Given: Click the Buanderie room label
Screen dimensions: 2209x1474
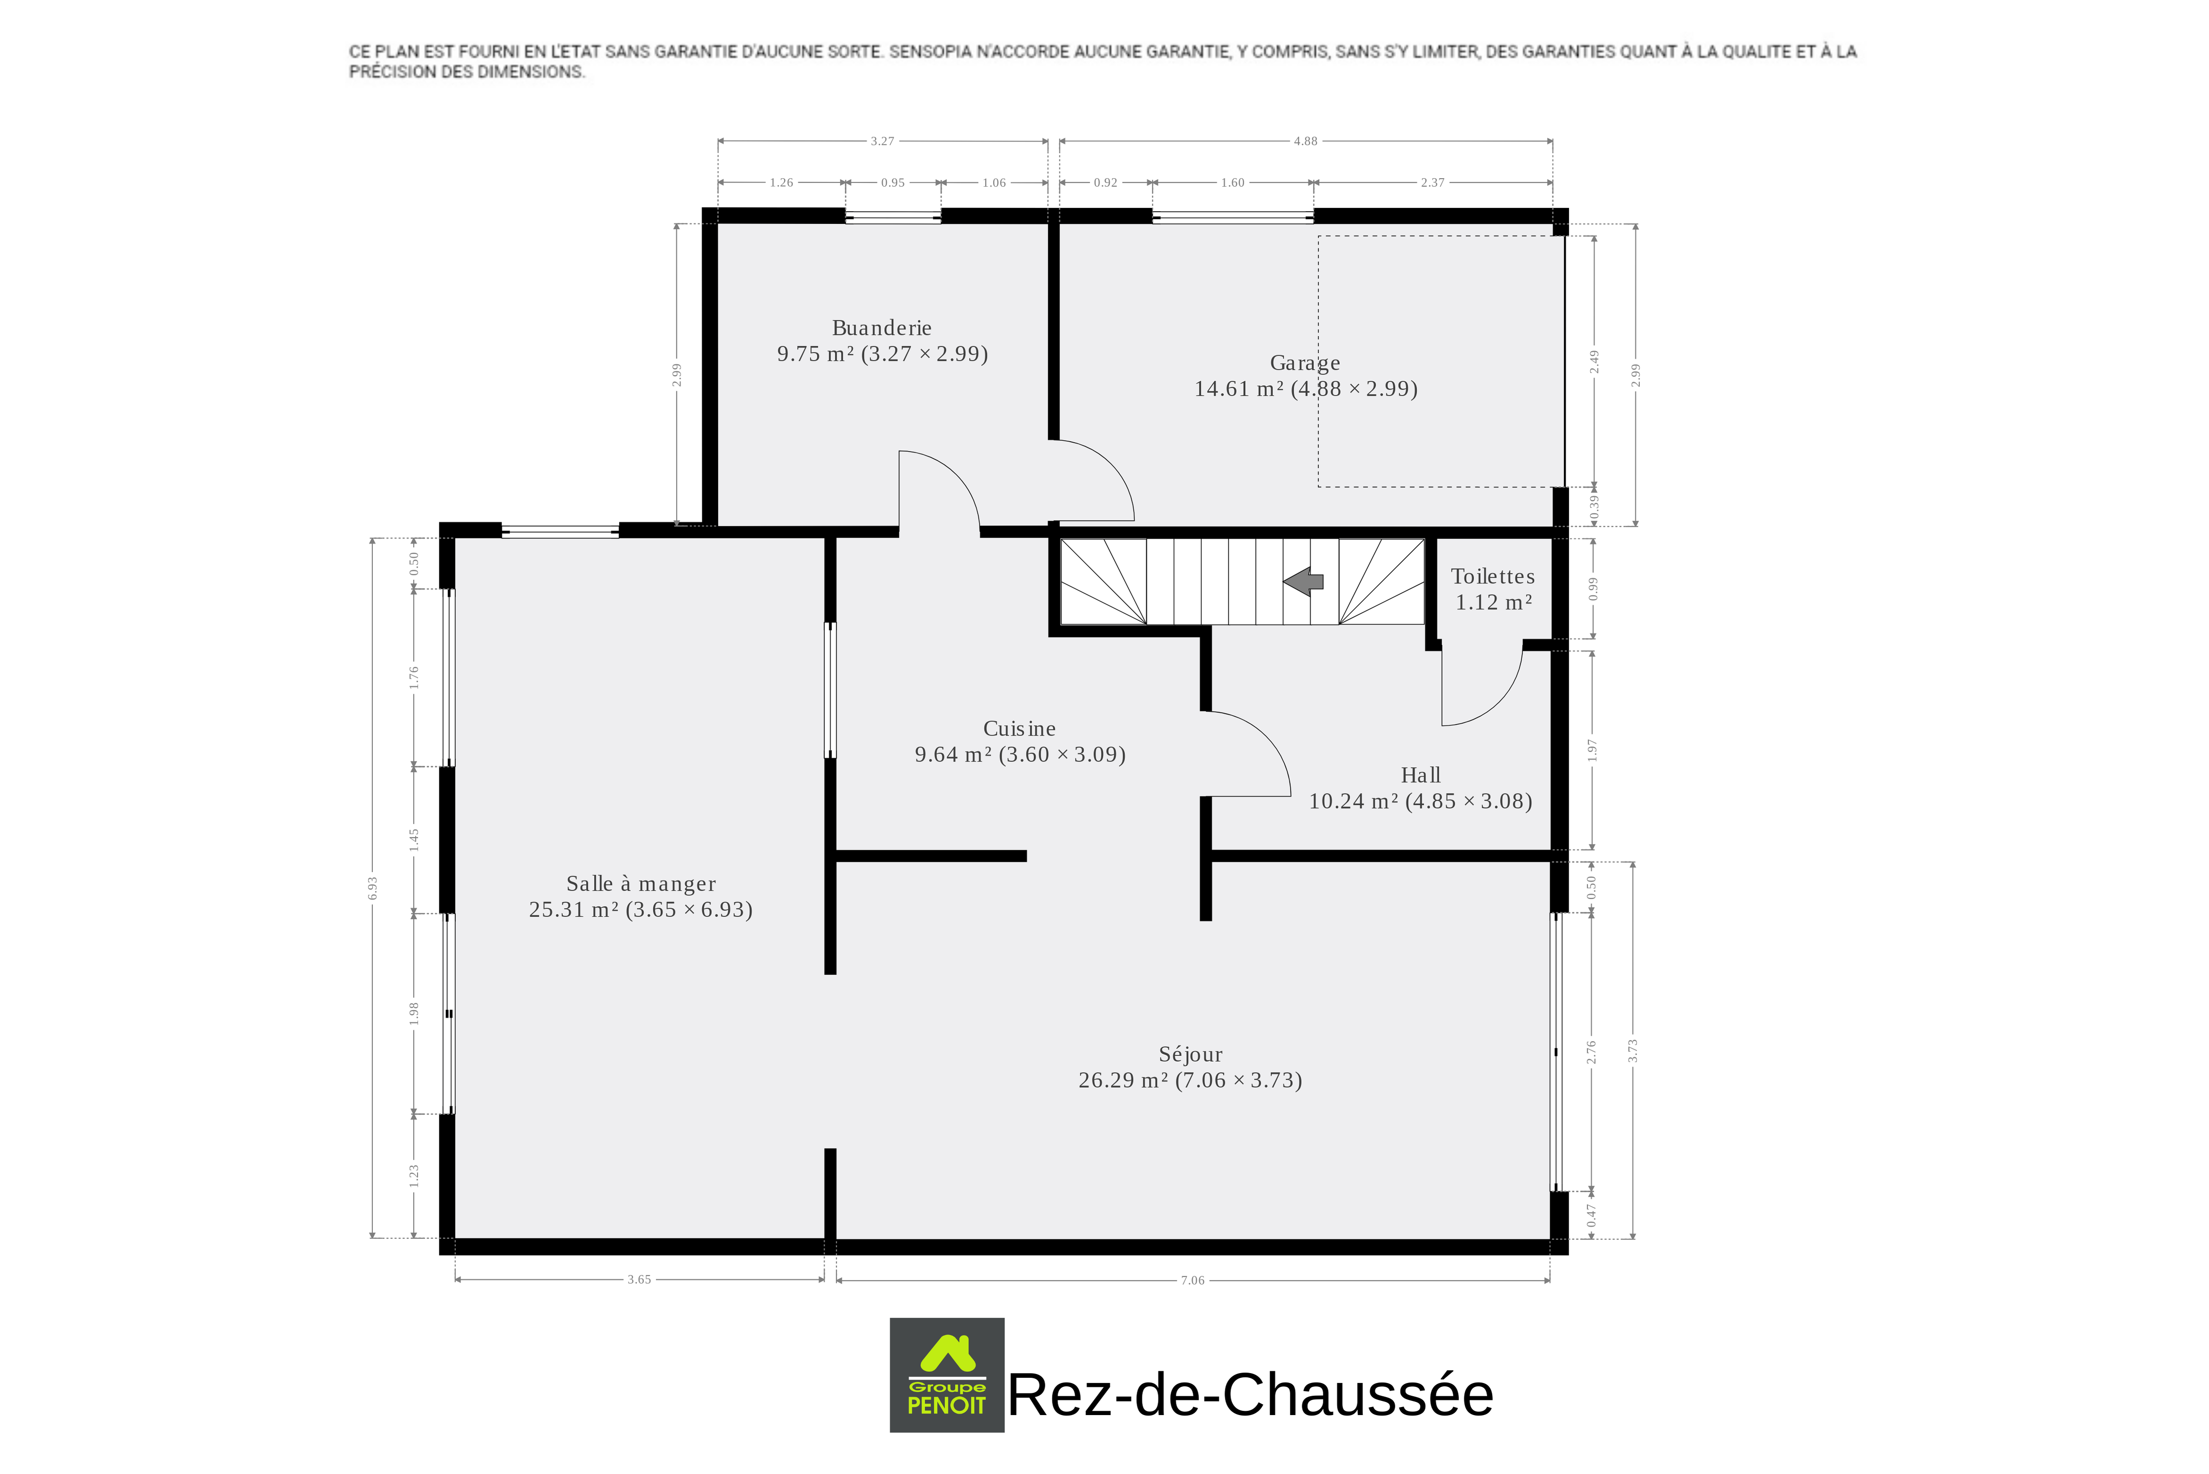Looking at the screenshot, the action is pos(881,328).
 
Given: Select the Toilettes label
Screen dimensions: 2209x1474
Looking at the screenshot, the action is pos(1493,576).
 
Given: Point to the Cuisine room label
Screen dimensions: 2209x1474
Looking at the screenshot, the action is pos(1019,729).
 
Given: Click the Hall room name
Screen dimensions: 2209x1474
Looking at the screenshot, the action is pos(1421,776).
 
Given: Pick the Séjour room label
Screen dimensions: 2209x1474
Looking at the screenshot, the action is pos(1191,1055).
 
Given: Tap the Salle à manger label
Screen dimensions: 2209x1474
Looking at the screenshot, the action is pos(641,884).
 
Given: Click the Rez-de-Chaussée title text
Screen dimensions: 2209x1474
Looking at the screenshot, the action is pos(1250,1394).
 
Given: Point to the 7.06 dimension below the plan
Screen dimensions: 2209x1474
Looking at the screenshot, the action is pos(1192,1280).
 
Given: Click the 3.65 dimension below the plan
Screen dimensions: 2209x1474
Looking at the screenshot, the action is pos(639,1279).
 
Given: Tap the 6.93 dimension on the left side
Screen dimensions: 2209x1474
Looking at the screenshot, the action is pos(372,888).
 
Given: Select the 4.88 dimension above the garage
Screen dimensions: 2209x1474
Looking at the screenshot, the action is pos(1305,141).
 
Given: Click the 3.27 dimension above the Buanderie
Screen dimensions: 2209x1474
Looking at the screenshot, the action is pos(882,141).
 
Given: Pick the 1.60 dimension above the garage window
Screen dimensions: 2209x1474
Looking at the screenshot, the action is pos(1233,182).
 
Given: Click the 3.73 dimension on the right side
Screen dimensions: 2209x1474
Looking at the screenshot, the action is pos(1633,1050).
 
